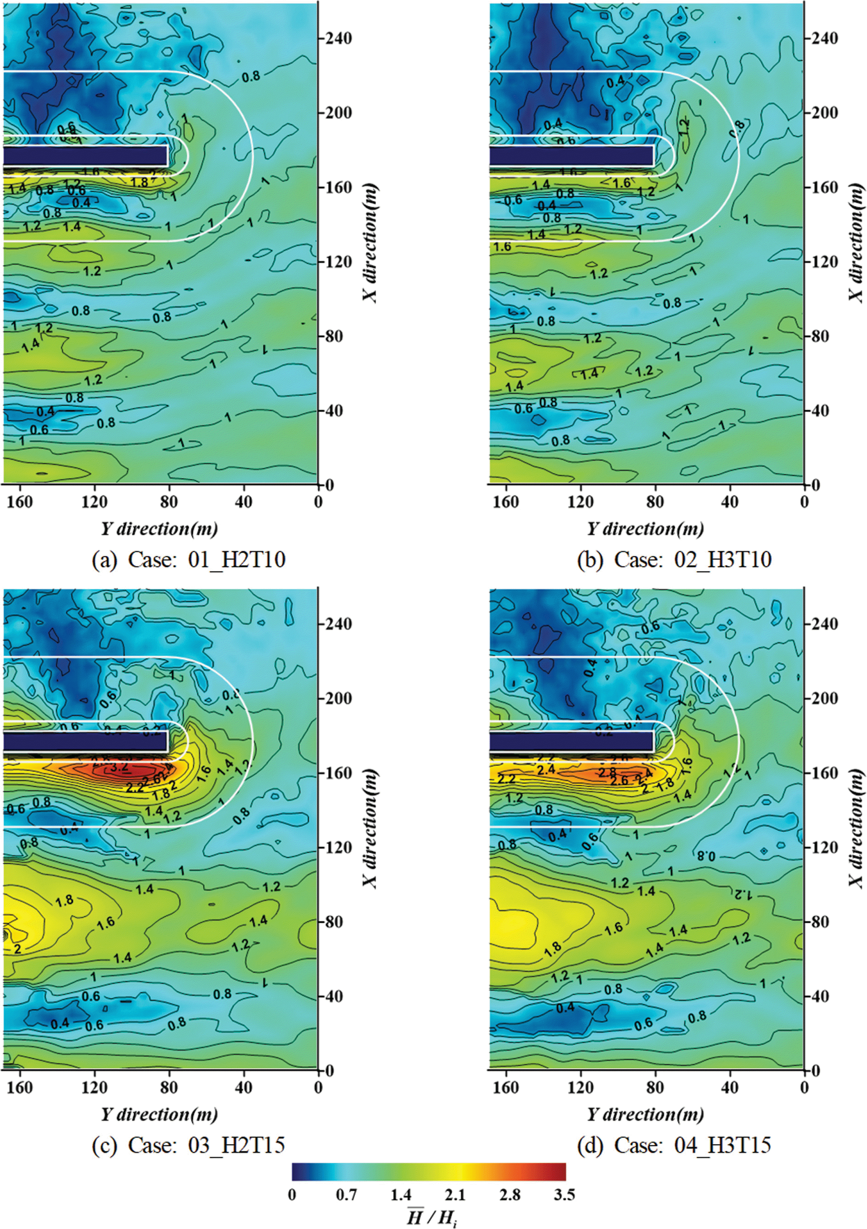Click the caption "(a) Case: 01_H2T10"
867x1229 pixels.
189,560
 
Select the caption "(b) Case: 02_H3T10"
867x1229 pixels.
674,560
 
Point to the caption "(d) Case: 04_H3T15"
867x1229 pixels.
674,1145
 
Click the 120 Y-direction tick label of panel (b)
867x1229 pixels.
581,502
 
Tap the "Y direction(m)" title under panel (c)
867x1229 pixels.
159,1115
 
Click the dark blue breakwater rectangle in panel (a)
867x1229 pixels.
86,156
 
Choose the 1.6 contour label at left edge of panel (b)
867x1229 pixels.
502,247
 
